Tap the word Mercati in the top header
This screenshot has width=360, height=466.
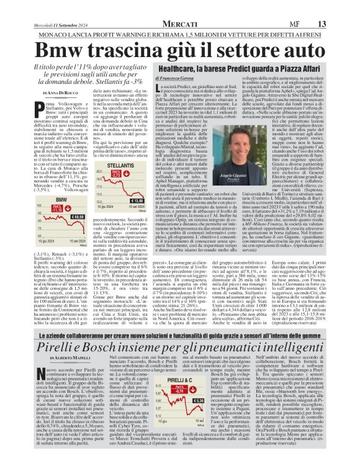point(181,7)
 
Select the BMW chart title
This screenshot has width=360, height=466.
point(43,199)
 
